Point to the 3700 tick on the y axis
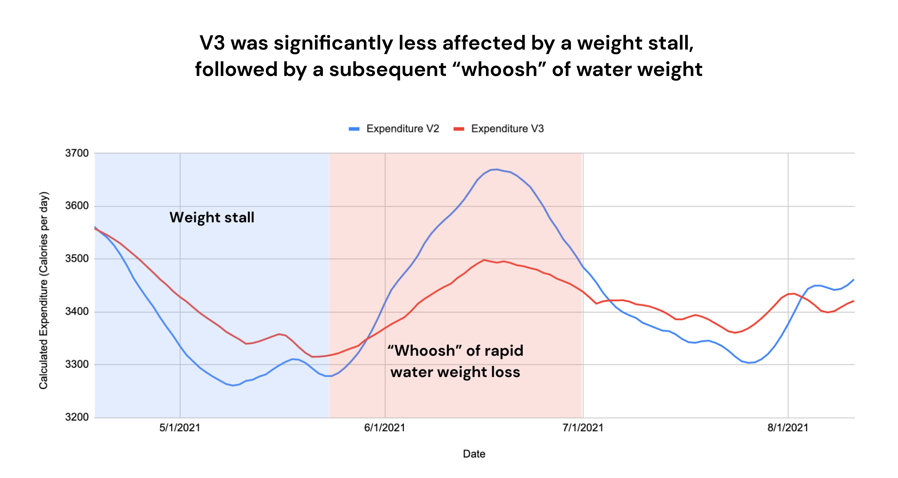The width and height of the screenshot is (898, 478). point(77,153)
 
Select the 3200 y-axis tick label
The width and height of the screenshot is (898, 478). point(77,417)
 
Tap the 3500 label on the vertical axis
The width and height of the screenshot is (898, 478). point(77,258)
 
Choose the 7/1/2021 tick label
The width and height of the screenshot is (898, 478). point(583,428)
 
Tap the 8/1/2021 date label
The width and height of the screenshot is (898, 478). point(788,428)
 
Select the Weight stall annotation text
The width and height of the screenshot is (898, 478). point(212,217)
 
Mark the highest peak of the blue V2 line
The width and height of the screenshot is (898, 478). point(496,169)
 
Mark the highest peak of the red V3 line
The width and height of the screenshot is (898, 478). point(484,260)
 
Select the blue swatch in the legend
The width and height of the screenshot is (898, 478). point(354,129)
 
